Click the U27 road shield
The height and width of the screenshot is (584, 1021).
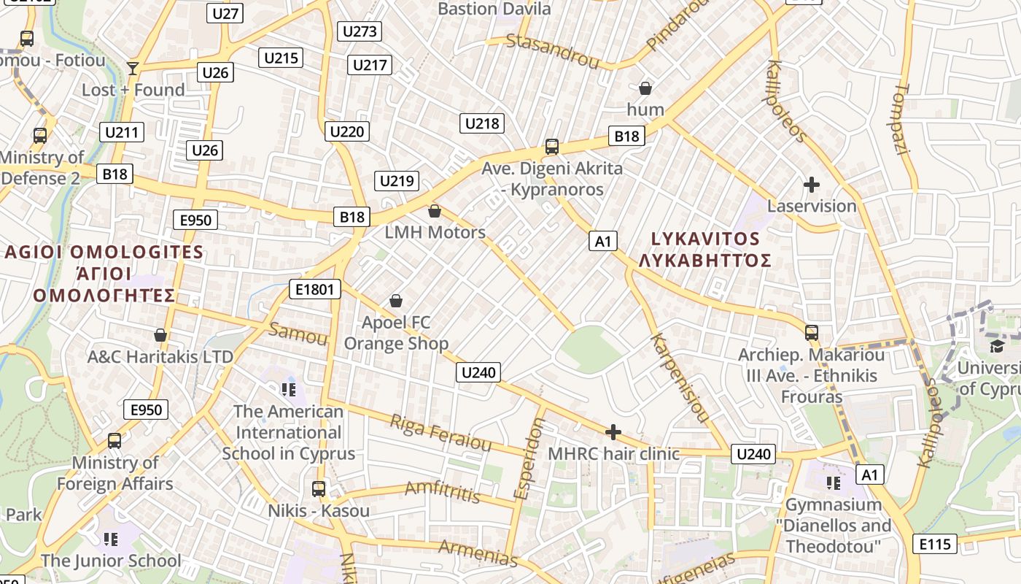tap(226, 14)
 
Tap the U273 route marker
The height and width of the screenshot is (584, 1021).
tap(360, 31)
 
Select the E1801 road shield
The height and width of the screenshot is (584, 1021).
tap(315, 289)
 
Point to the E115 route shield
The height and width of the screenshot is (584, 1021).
tap(935, 544)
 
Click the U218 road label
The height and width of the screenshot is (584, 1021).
tap(482, 123)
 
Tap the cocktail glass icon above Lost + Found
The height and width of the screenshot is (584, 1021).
tap(132, 68)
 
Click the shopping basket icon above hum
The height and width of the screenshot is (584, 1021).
tap(645, 88)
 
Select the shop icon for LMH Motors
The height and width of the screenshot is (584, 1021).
tap(435, 211)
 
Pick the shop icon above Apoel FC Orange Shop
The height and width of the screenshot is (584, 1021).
tap(396, 300)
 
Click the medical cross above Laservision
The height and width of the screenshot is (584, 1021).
tap(811, 185)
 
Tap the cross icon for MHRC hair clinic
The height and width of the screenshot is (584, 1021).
tap(613, 432)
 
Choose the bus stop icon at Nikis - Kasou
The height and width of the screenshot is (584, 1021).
tap(319, 488)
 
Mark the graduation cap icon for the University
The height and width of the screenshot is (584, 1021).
tap(996, 345)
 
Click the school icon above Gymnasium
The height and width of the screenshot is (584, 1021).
tap(834, 483)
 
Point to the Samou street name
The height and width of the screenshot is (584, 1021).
tap(298, 333)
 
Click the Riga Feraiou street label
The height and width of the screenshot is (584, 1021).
tap(440, 433)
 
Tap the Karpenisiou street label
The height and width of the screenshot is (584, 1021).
tap(679, 378)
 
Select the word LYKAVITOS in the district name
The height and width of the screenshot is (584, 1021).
tap(704, 239)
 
